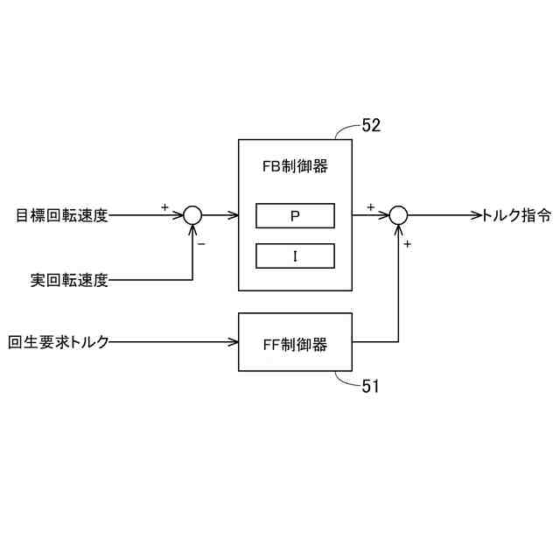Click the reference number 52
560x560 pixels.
(x=371, y=126)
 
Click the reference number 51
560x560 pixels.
(x=371, y=384)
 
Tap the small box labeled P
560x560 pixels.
(x=295, y=215)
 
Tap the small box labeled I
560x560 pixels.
(x=295, y=255)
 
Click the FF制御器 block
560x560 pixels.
(x=295, y=342)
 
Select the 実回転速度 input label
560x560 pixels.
(x=69, y=280)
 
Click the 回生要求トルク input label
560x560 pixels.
(x=59, y=342)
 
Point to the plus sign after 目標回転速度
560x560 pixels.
(x=164, y=206)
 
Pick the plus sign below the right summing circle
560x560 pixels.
(x=408, y=244)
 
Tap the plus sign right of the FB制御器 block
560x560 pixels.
(x=370, y=206)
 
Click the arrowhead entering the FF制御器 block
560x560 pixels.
(x=234, y=342)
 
